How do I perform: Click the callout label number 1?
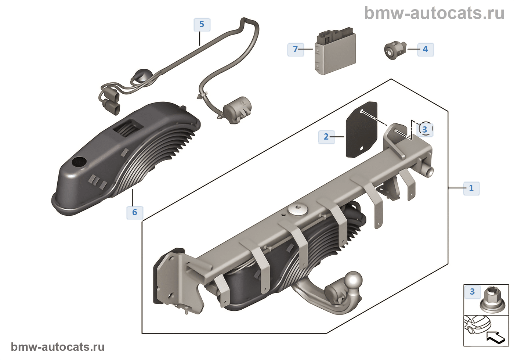point(471,188)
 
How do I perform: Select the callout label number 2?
point(326,137)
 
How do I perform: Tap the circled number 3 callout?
point(425,129)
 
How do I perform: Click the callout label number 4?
point(426,49)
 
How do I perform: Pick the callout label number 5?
point(202,24)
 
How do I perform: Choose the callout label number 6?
point(135,212)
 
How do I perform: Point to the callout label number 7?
point(296,49)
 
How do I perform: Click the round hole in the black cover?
point(79,161)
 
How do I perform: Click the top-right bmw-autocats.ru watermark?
point(434,13)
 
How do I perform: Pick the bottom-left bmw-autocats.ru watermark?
point(58,347)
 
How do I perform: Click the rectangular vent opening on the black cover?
point(128,127)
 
